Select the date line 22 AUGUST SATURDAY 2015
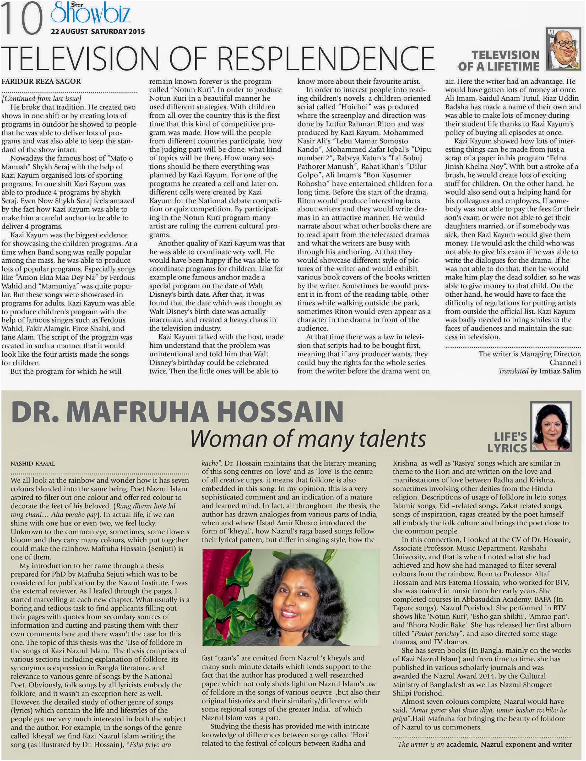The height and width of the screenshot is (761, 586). click(98, 31)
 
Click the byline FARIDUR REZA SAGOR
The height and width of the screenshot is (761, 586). click(41, 82)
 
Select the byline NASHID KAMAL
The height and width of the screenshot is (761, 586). click(33, 464)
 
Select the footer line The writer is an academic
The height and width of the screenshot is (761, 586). click(484, 744)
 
